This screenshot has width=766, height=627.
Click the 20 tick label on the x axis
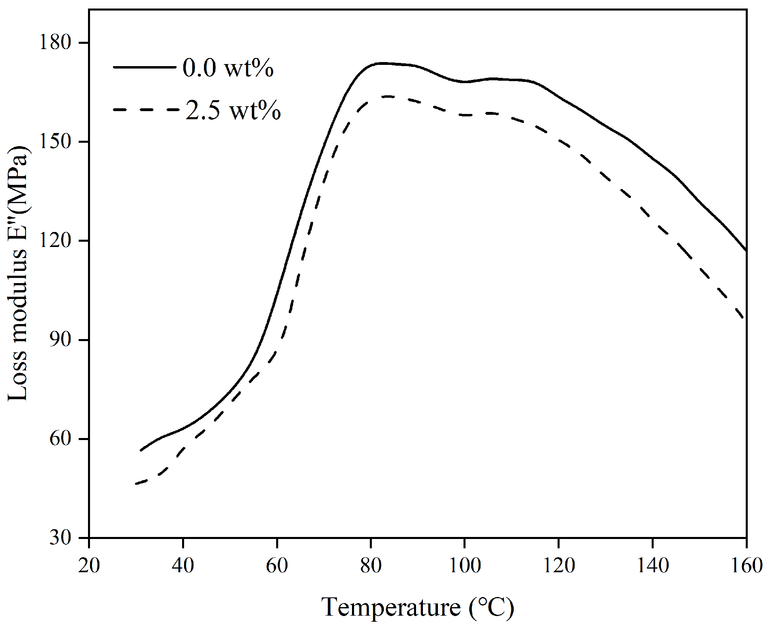89,565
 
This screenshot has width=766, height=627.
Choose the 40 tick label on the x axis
183,565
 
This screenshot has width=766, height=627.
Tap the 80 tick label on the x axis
371,565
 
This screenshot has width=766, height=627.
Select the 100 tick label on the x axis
465,565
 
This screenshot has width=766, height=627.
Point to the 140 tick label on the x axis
652,565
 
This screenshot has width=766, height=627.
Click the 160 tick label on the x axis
745,565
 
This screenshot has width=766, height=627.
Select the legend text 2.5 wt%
233,110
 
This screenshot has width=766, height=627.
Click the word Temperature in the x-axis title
391,607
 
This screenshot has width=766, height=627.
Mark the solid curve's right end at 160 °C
745,250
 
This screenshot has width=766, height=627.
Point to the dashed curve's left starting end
136,483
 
